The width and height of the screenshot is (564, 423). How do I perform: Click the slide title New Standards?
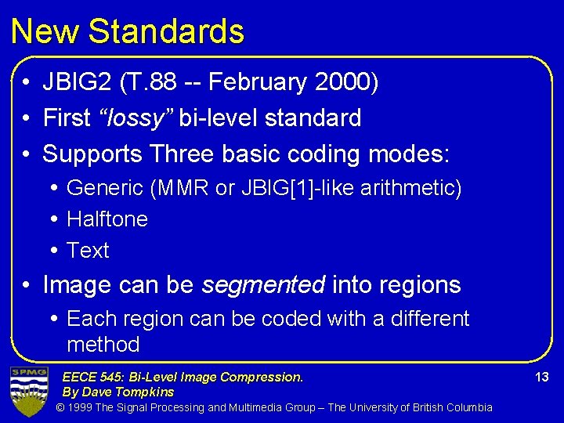click(x=128, y=31)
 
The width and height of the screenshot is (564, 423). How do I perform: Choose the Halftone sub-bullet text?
click(x=107, y=219)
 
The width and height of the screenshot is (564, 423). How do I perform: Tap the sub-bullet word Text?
click(x=88, y=251)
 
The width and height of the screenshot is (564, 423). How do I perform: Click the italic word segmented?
click(x=262, y=285)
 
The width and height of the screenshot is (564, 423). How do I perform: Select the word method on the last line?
click(x=103, y=345)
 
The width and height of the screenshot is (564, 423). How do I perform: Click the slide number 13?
click(x=541, y=378)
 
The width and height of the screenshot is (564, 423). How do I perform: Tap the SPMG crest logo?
click(x=28, y=390)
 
